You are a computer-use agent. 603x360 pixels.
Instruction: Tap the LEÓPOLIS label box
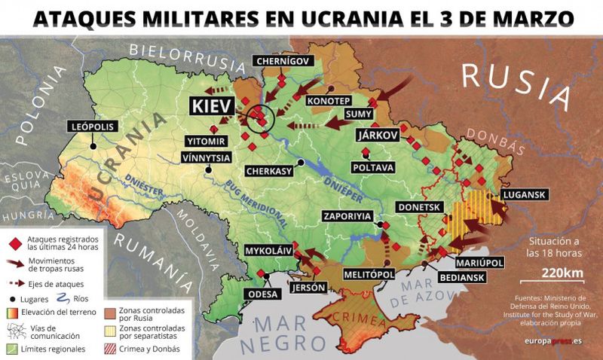point(93,127)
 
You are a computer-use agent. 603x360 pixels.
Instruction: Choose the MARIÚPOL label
point(479,264)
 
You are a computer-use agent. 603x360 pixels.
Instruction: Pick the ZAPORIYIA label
point(347,215)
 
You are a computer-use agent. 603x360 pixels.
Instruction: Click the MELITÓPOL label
point(369,275)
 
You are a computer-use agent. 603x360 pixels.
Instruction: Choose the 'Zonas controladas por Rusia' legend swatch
point(109,310)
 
